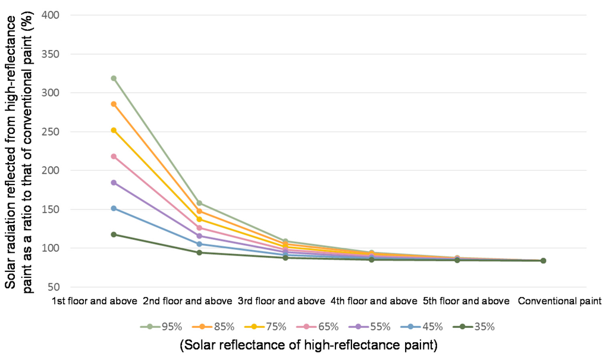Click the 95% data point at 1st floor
point(113,78)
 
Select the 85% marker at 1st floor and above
point(113,104)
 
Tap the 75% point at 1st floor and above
point(113,130)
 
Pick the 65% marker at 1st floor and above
point(113,156)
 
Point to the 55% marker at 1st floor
point(113,183)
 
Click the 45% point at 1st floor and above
point(113,208)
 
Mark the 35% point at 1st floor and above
point(113,234)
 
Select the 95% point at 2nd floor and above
point(199,204)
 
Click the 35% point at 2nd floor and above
point(199,253)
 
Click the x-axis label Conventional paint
point(560,301)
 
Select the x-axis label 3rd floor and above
point(281,301)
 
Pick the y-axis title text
point(20,151)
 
